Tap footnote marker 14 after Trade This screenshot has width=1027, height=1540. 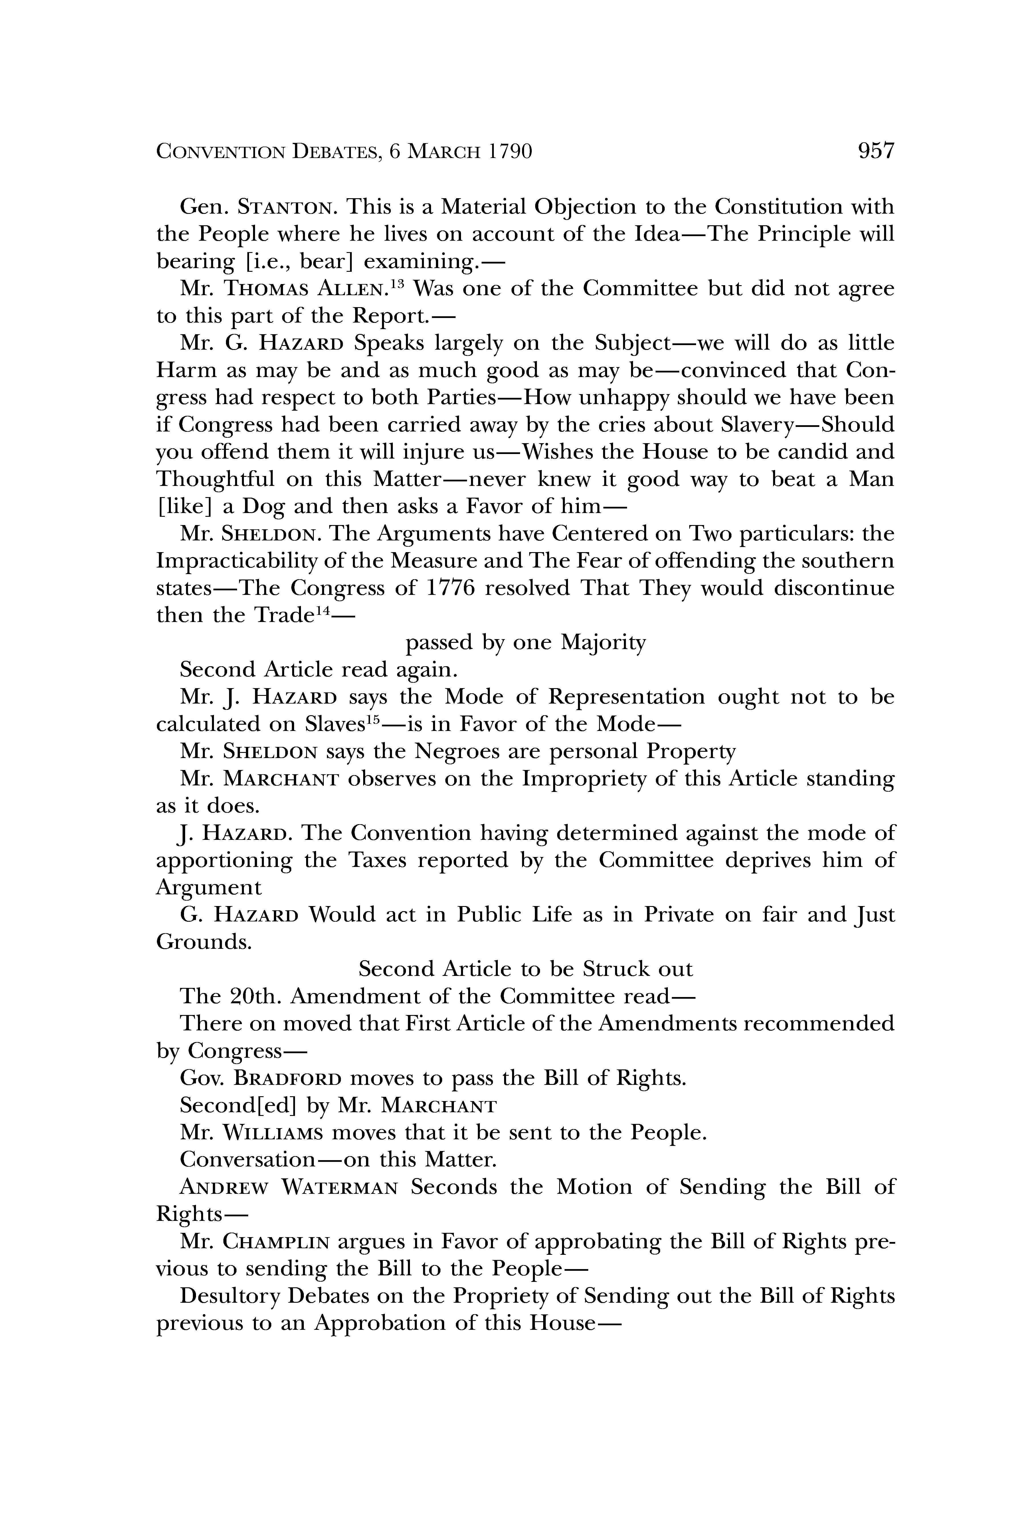(x=318, y=610)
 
